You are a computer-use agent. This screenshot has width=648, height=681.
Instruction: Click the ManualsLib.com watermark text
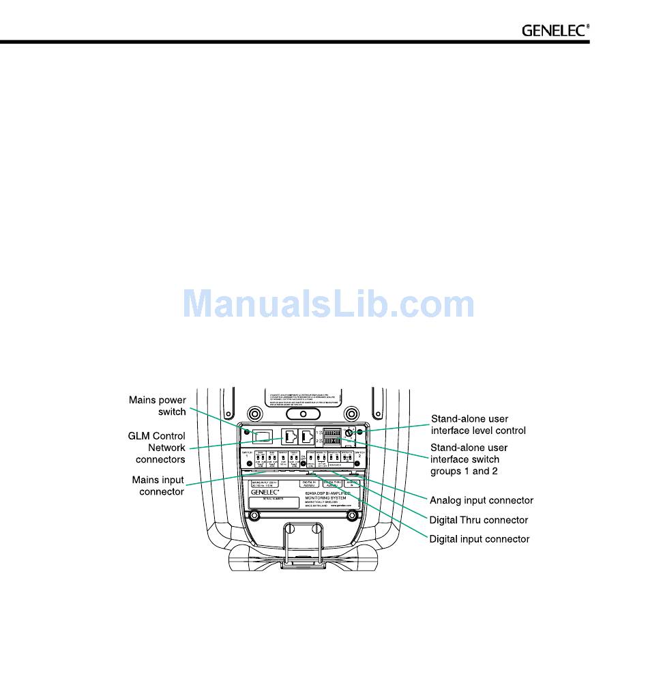[x=329, y=304]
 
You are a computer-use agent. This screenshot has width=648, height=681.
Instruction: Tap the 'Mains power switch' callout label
[x=158, y=406]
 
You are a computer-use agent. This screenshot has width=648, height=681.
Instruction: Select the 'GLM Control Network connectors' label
[x=157, y=448]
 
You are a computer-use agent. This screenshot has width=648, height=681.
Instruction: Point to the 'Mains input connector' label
[x=158, y=486]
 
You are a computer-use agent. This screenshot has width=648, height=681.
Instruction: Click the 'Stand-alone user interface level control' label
[x=477, y=424]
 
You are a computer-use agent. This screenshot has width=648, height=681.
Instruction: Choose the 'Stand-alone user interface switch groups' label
[x=469, y=459]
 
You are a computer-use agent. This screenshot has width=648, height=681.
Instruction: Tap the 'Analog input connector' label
[x=481, y=500]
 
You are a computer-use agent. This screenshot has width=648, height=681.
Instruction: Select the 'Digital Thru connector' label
[x=478, y=520]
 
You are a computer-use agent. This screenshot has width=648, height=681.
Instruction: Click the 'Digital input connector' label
[x=479, y=539]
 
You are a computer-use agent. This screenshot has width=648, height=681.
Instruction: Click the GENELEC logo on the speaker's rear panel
[x=266, y=492]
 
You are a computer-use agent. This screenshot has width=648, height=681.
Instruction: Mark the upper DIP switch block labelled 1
[x=332, y=432]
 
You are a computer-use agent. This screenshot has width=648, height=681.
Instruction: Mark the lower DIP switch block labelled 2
[x=332, y=441]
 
